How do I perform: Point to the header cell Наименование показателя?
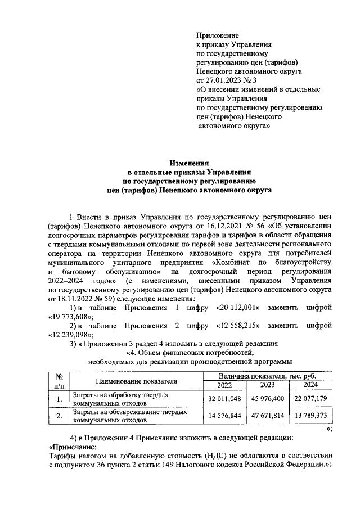[133, 381]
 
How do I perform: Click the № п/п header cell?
[58, 381]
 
